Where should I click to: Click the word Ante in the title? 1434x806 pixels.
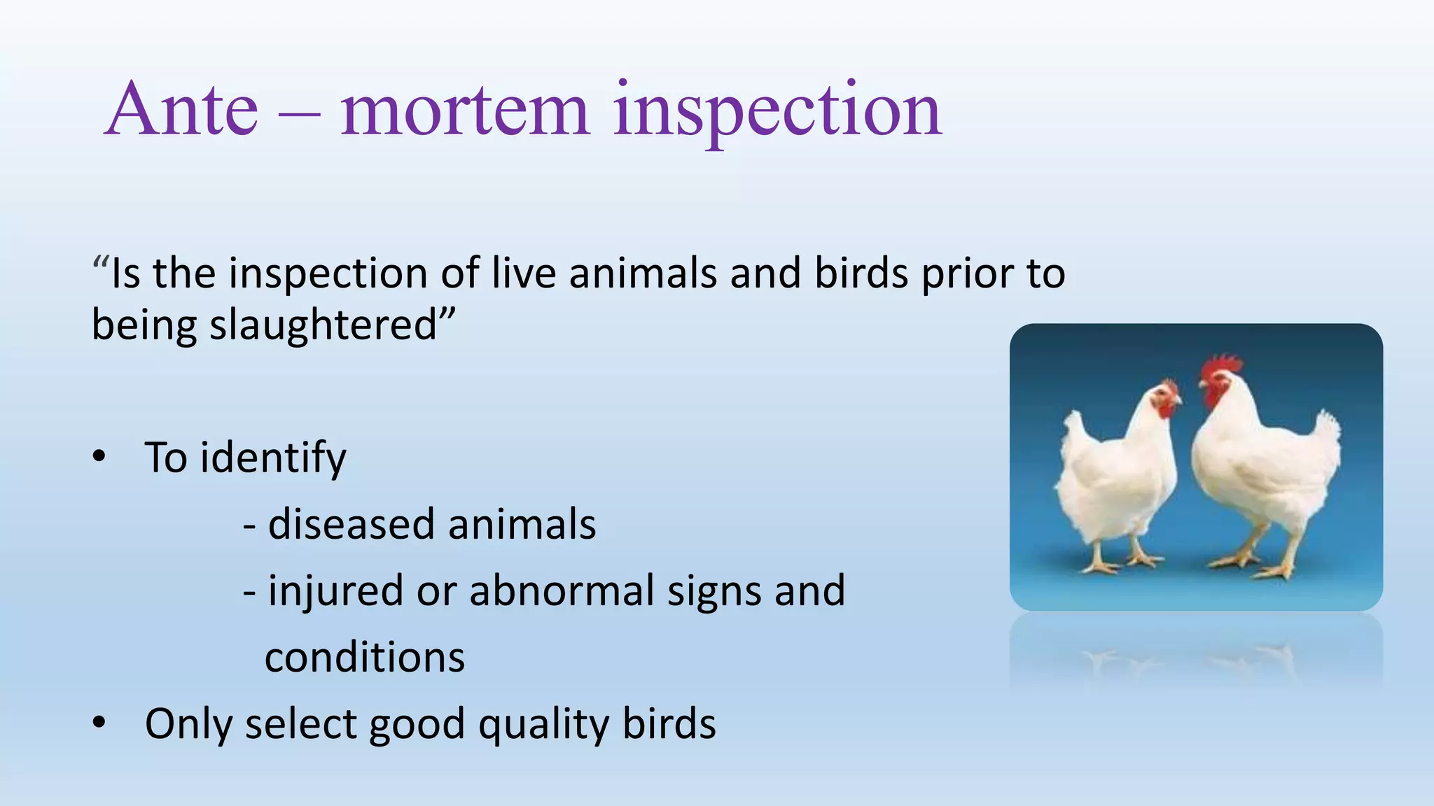point(183,110)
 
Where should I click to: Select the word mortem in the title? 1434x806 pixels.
point(465,110)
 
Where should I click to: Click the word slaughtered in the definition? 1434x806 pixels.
point(324,325)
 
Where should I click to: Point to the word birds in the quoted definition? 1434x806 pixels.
point(861,273)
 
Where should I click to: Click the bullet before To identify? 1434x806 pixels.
point(99,457)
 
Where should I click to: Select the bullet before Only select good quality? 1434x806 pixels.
point(99,723)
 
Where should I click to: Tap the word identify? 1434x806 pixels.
point(273,459)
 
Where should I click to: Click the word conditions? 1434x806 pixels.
point(365,657)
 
